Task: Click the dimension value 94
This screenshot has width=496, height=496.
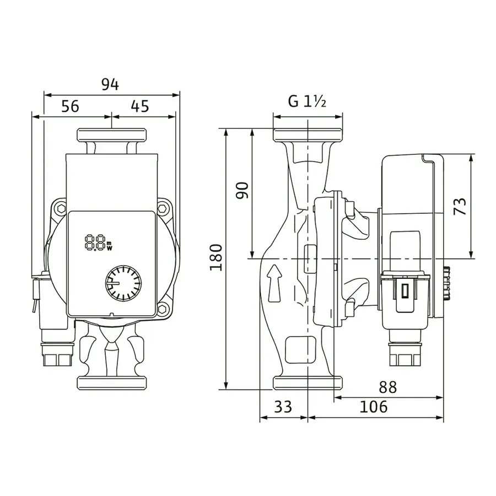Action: (110, 84)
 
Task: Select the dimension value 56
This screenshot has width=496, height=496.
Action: (70, 106)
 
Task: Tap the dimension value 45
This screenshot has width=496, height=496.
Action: (139, 106)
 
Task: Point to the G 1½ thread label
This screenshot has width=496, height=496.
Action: (307, 101)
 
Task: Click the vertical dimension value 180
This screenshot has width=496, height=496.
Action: (216, 257)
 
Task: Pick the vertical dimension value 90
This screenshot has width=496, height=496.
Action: (242, 190)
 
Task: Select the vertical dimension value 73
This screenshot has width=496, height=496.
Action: (460, 206)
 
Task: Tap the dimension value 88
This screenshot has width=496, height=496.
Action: (387, 387)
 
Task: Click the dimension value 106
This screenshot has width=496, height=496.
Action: (373, 407)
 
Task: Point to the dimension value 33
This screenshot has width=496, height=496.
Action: (283, 407)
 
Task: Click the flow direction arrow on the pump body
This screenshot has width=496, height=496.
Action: (274, 283)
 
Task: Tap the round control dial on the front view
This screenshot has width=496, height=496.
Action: (123, 283)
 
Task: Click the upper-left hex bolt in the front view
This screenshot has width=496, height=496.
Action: (61, 208)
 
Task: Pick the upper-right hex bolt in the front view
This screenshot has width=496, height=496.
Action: (163, 208)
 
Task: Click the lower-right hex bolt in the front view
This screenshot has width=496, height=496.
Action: (163, 309)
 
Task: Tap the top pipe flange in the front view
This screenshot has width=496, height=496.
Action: (112, 135)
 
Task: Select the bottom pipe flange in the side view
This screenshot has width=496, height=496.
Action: (308, 383)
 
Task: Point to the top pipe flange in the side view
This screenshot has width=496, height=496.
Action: (308, 135)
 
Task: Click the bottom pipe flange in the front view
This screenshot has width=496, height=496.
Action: (112, 383)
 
